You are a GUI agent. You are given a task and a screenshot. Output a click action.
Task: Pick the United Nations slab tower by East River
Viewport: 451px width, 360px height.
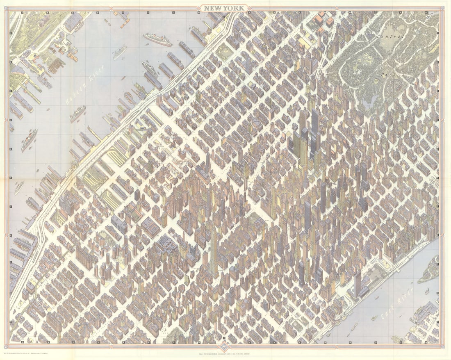(358, 283)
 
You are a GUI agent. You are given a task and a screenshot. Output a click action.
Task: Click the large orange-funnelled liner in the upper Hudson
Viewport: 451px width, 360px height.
(157, 40)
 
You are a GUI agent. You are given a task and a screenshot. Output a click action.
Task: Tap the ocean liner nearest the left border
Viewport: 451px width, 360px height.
(29, 139)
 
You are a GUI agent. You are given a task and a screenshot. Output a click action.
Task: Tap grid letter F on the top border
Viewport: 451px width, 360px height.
(147, 12)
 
